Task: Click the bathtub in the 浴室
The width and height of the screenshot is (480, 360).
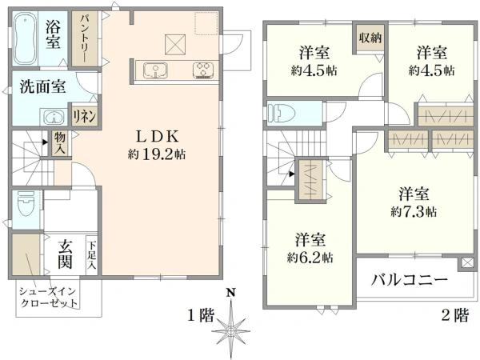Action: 25,38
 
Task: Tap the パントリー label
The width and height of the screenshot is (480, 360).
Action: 85,38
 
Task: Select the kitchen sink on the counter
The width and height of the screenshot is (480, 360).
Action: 155,70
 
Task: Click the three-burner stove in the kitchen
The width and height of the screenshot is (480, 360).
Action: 203,70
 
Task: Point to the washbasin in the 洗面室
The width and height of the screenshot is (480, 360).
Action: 54,117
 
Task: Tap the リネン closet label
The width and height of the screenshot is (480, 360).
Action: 85,116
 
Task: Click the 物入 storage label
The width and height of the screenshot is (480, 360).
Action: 60,144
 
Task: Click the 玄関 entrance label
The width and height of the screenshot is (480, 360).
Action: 66,254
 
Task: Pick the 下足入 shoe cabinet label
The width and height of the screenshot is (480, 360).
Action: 92,255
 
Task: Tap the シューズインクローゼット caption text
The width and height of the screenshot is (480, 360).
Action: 48,298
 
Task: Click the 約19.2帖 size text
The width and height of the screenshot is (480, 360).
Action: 157,154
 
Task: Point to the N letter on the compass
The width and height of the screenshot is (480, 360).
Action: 231,293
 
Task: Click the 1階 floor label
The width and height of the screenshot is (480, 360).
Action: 201,314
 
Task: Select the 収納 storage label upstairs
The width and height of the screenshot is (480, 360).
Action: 370,38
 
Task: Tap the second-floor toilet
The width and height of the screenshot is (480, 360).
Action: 281,114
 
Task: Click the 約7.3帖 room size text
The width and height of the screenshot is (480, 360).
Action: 414,211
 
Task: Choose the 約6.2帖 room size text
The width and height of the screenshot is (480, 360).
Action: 310,258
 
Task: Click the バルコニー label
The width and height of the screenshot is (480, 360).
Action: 410,280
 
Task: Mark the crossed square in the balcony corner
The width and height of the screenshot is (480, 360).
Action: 466,263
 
